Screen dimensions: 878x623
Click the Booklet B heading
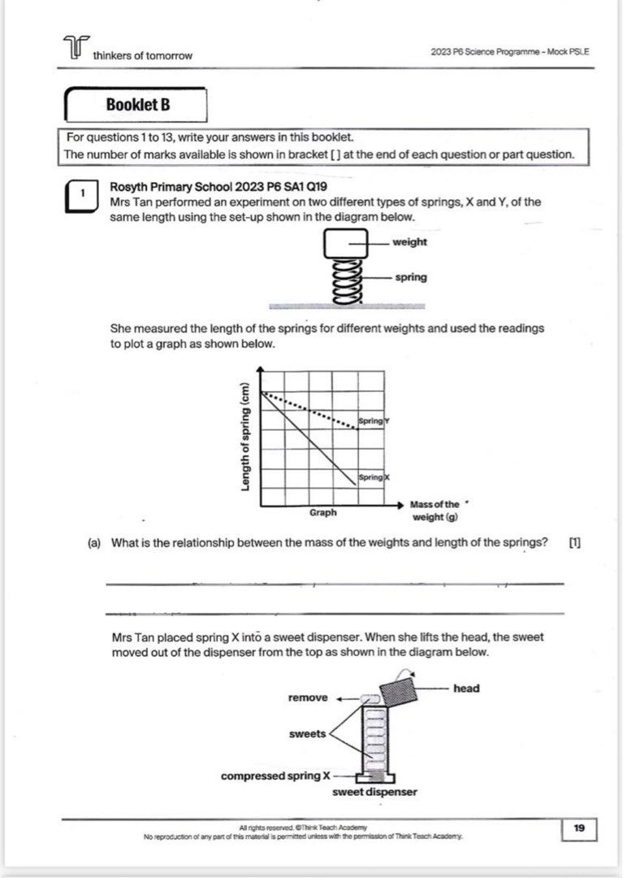click(x=138, y=105)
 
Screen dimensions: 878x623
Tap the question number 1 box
click(x=82, y=194)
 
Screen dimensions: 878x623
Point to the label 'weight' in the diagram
click(x=409, y=242)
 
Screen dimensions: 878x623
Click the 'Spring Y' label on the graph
click(x=374, y=421)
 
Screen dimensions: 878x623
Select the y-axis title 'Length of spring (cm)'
click(x=244, y=437)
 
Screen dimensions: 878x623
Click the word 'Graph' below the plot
click(x=322, y=513)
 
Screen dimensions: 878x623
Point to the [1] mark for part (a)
click(x=575, y=543)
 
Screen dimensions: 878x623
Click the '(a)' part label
click(x=94, y=543)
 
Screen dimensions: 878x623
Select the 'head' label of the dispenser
click(x=466, y=689)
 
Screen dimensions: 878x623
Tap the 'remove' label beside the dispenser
click(x=309, y=698)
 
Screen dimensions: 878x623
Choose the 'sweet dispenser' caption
click(x=374, y=791)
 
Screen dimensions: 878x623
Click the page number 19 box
click(x=579, y=828)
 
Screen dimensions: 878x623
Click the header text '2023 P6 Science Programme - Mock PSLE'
click(x=510, y=52)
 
